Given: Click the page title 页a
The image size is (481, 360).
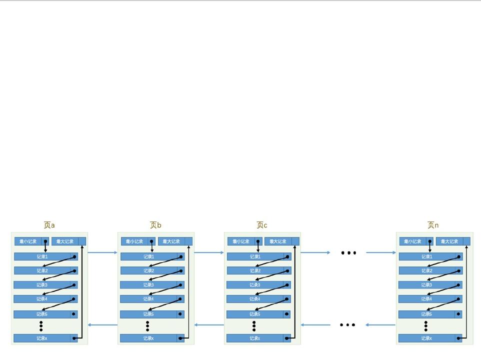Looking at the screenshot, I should click(x=49, y=225).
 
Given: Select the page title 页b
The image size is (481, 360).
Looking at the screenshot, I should click(x=155, y=225).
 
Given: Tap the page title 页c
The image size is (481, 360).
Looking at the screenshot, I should click(x=262, y=225).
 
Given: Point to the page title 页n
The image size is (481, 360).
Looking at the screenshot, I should click(x=433, y=225).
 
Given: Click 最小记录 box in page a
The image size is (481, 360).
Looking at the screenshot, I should click(x=28, y=241).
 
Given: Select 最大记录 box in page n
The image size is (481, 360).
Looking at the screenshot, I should click(x=449, y=241).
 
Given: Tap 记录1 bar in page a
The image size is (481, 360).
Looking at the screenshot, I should click(x=42, y=256).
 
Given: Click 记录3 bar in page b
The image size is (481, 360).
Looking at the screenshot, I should click(x=148, y=285).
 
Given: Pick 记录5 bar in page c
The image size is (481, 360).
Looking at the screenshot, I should click(x=255, y=314).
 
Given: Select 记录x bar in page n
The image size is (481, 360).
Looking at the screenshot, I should click(x=426, y=338).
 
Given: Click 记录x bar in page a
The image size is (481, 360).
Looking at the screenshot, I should click(x=42, y=338).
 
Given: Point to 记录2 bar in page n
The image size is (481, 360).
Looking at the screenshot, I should click(x=426, y=270).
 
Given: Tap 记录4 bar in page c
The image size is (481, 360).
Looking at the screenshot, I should click(x=255, y=299).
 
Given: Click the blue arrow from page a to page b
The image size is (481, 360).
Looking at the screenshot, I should click(x=102, y=252).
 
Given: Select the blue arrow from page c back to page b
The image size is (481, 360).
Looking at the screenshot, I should click(x=209, y=325).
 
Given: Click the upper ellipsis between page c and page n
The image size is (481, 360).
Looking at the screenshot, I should click(x=348, y=253).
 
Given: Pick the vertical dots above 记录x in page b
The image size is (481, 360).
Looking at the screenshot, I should click(x=147, y=326).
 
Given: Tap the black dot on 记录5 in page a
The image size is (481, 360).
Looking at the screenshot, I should click(x=74, y=314).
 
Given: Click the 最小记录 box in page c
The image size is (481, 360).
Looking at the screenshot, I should click(x=241, y=241).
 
